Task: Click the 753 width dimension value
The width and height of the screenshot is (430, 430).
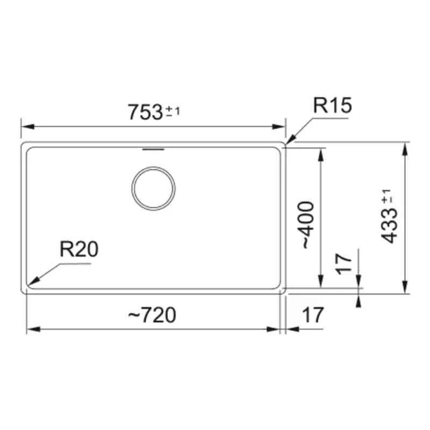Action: [x=145, y=112]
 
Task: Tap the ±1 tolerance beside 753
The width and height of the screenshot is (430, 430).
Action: [x=173, y=111]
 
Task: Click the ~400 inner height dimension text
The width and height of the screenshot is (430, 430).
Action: [x=306, y=225]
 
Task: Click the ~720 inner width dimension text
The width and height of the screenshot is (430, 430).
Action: [x=152, y=316]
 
